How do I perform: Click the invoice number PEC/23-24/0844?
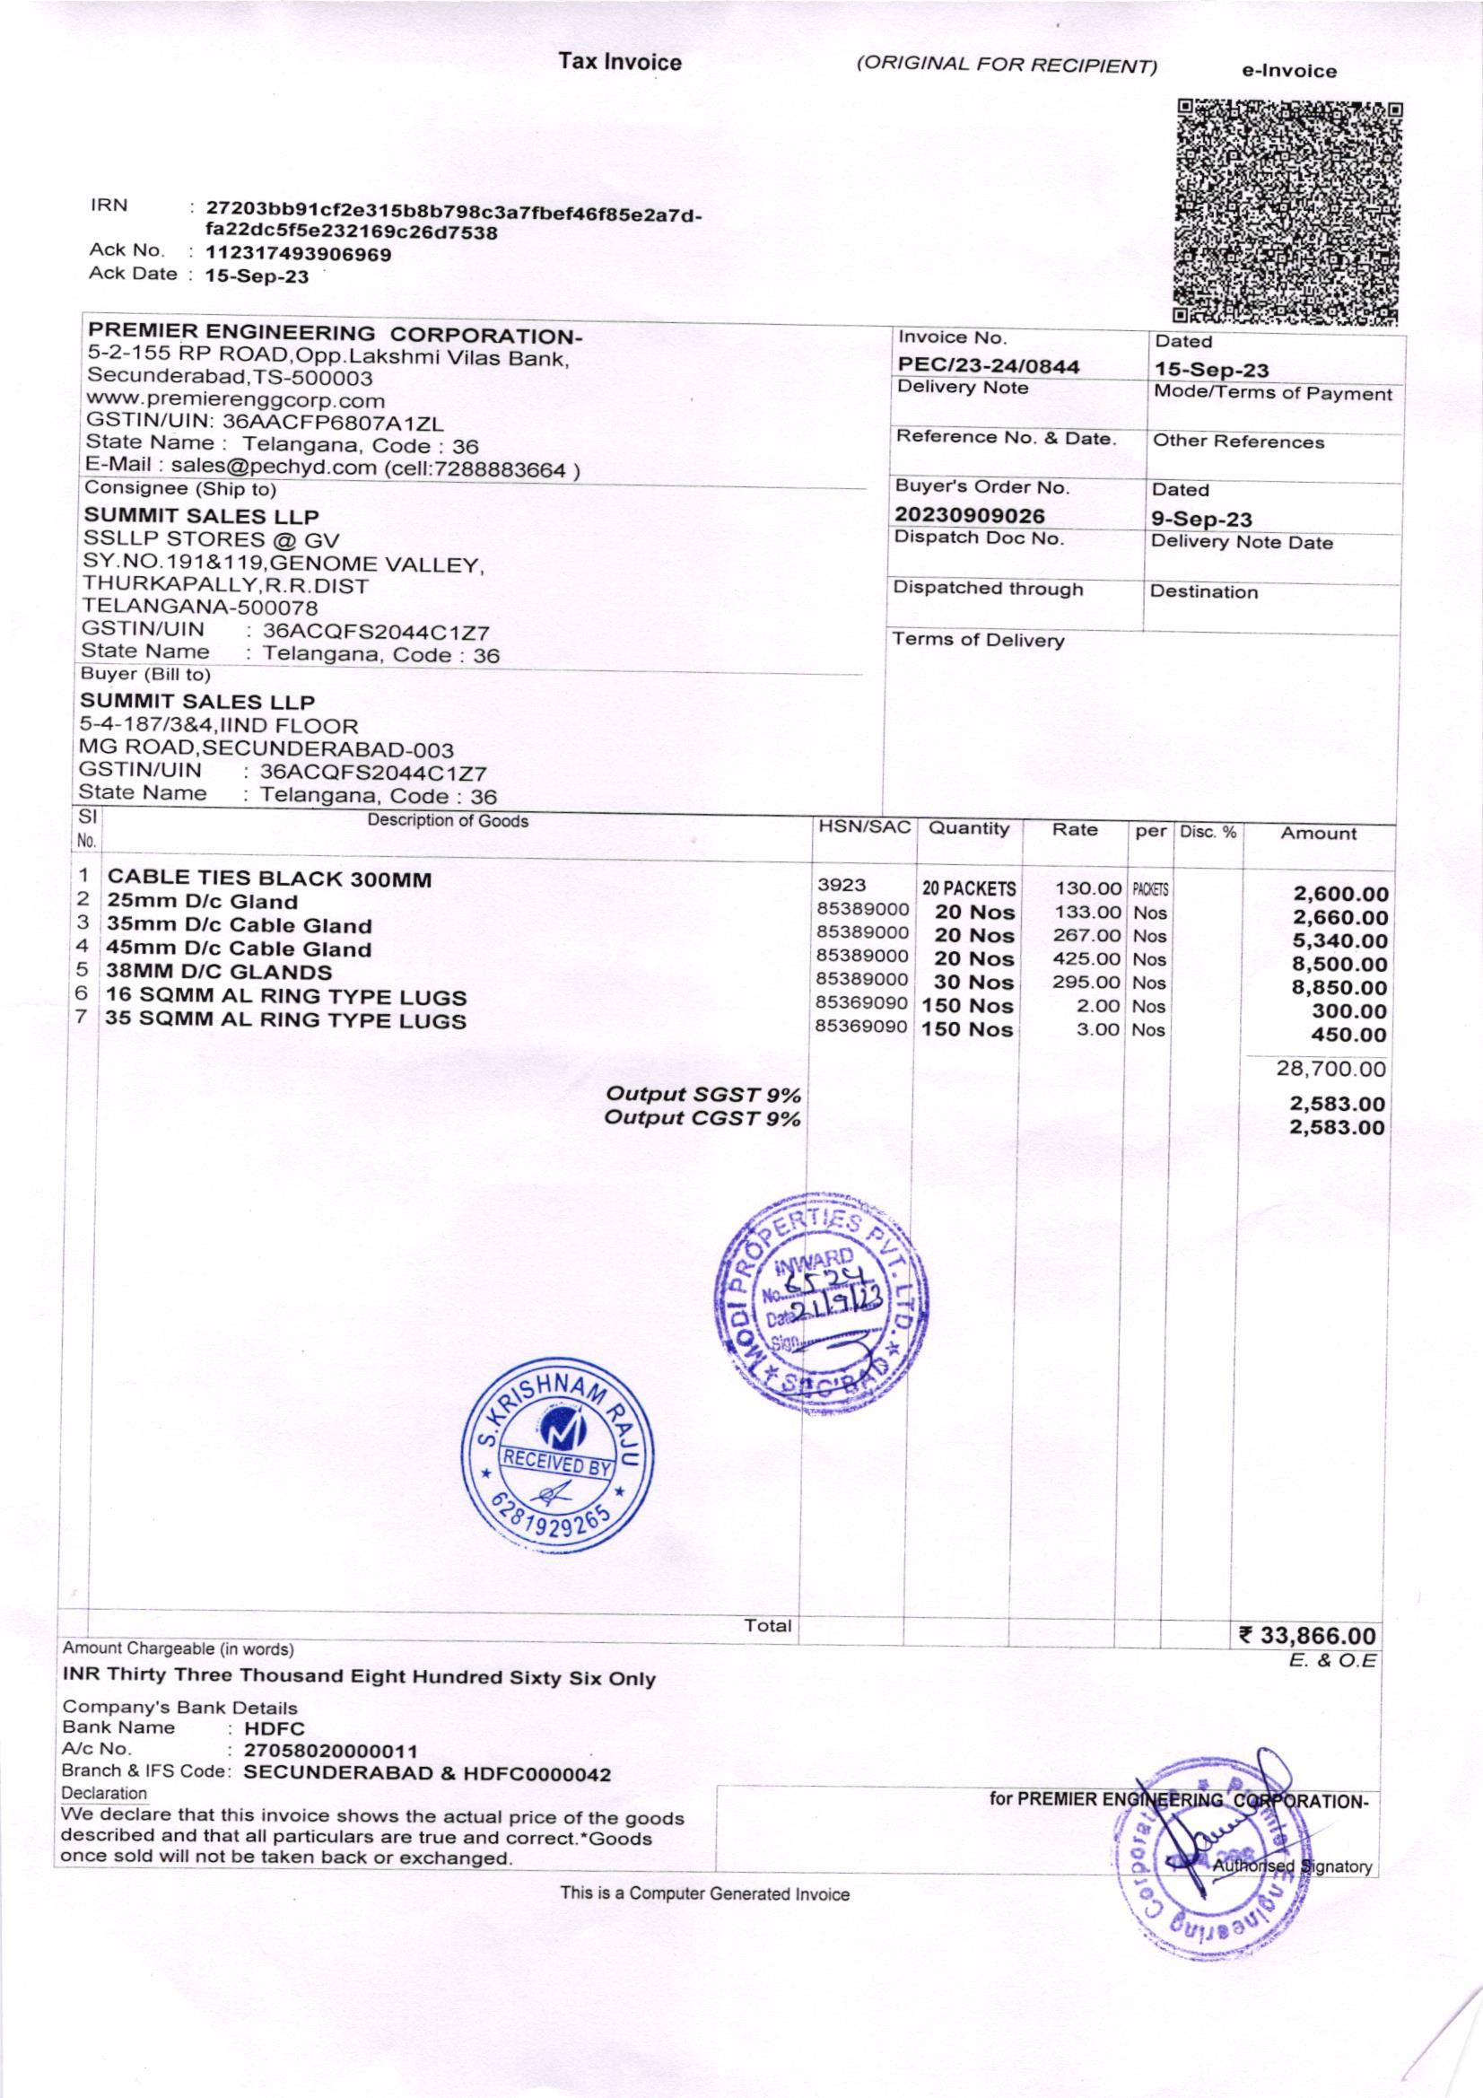pos(988,366)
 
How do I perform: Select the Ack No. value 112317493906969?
pos(299,254)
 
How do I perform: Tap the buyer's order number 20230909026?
pos(970,516)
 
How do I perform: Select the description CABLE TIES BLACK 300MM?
pos(269,879)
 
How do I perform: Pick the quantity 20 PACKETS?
pos(969,888)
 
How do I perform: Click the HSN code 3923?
pos(842,885)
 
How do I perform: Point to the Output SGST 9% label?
pos(703,1094)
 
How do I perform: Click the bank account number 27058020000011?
pos(331,1751)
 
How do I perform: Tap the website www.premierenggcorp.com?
pos(235,400)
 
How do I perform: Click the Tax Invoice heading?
pos(621,62)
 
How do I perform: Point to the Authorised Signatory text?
pos(1291,1866)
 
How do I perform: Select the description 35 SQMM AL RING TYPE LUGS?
pos(286,1020)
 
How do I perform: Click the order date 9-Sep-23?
pos(1200,520)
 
